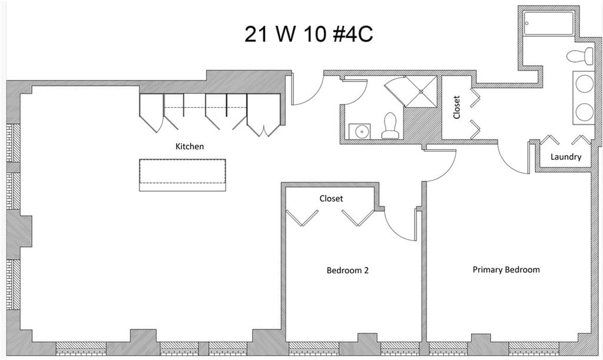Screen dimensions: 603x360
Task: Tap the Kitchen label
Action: coord(190,146)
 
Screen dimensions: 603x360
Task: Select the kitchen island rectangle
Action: coord(183,175)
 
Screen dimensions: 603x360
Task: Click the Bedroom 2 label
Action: coord(347,270)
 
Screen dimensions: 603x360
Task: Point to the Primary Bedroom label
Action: coord(506,270)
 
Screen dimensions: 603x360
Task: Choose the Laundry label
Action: coord(566,157)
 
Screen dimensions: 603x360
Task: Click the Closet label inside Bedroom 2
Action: coord(331,199)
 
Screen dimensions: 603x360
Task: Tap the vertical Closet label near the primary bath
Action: coord(456,107)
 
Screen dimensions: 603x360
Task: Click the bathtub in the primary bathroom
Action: coord(549,24)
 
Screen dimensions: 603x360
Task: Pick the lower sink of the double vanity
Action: coord(584,111)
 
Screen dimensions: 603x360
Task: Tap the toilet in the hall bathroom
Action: coord(390,126)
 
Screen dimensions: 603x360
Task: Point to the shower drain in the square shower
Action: coord(421,91)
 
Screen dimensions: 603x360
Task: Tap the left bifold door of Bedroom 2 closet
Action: coord(303,217)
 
